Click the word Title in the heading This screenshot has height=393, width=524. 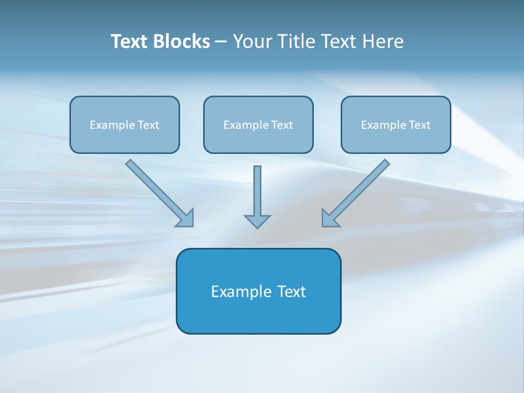pyautogui.click(x=295, y=41)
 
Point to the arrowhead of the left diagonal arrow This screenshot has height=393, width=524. pyautogui.click(x=186, y=219)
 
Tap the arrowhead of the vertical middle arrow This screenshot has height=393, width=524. pyautogui.click(x=257, y=221)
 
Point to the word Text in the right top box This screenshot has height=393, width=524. pyautogui.click(x=420, y=125)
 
